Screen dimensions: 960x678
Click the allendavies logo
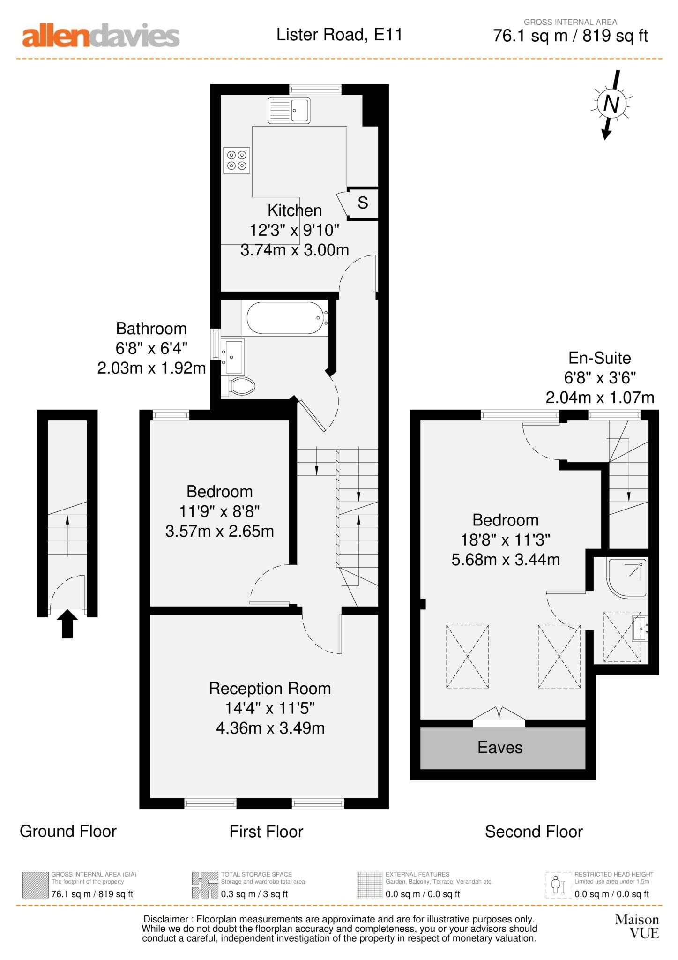[x=101, y=36]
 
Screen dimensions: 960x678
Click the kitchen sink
[x=289, y=111]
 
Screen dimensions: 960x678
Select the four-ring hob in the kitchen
[x=237, y=160]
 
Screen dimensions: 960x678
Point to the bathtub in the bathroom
[x=285, y=318]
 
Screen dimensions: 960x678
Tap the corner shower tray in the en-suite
[x=627, y=577]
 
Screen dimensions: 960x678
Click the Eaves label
[x=499, y=747]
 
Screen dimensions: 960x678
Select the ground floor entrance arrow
[x=67, y=623]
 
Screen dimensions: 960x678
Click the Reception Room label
[x=270, y=689]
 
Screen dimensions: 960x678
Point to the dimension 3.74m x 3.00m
[x=295, y=250]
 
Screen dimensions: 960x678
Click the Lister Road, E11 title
[x=339, y=35]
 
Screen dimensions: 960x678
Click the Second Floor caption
[x=533, y=832]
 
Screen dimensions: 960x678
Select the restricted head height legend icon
[x=559, y=885]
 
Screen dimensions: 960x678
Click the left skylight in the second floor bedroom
[x=467, y=656]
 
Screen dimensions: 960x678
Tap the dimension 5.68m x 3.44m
[x=506, y=560]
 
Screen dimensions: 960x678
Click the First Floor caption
[x=266, y=832]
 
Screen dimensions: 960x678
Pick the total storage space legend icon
[x=205, y=885]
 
